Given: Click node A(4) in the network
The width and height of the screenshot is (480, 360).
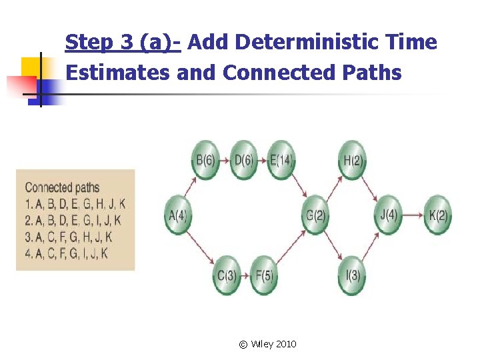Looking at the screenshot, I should click(178, 215).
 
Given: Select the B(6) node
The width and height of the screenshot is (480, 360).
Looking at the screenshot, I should click(205, 160).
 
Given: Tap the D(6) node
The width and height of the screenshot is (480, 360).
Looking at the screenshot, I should click(243, 160).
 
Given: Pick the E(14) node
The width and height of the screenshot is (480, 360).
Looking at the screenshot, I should click(281, 160).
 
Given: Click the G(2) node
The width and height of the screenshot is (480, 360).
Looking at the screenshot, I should click(315, 215).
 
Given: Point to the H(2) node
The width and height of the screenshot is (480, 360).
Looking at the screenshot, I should click(351, 160).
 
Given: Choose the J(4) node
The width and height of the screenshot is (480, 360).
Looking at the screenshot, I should click(388, 215).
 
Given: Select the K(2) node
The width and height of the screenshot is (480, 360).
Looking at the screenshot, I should click(437, 215).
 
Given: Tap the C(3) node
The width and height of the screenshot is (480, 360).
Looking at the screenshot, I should click(227, 274).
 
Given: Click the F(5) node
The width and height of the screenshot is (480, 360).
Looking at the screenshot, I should click(265, 274).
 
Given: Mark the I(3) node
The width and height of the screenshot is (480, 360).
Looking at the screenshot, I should click(352, 274).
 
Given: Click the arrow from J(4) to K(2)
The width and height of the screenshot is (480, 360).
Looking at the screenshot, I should click(413, 215).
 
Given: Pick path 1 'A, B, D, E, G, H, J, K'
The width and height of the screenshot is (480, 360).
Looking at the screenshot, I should click(75, 204).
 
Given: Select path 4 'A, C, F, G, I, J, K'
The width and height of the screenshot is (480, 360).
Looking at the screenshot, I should click(67, 253).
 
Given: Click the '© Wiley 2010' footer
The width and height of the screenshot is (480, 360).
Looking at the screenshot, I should click(267, 344).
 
